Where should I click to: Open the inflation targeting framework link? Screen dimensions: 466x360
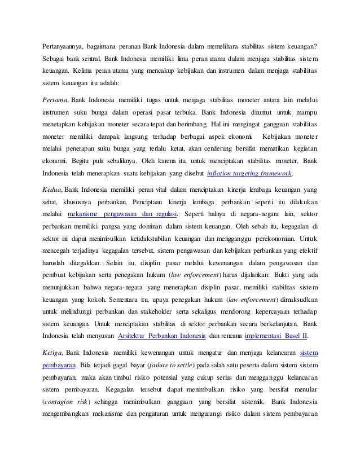coord(257,173)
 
